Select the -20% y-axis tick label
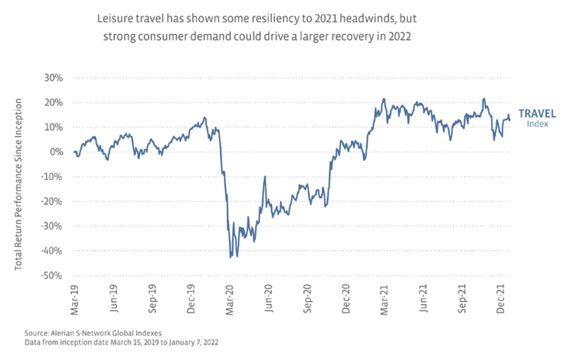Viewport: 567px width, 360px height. [x=54, y=201]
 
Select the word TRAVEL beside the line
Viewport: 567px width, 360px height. [x=537, y=113]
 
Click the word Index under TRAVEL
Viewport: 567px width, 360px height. [x=537, y=123]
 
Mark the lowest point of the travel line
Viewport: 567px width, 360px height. [x=230, y=258]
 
